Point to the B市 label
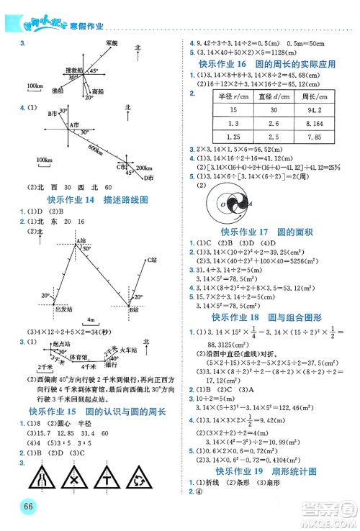pyautogui.click(x=52, y=114)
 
